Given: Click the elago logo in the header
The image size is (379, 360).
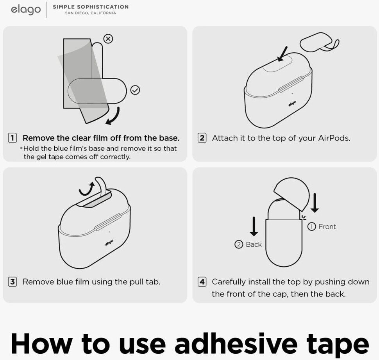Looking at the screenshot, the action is (x=26, y=10).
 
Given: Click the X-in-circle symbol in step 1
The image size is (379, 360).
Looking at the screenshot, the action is (x=108, y=39).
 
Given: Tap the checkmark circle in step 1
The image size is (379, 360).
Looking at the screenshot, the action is (x=135, y=90).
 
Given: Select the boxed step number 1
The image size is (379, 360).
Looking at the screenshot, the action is (x=13, y=138).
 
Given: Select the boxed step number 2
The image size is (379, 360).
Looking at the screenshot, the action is (x=202, y=138).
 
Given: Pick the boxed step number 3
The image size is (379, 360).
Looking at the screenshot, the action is (x=13, y=282).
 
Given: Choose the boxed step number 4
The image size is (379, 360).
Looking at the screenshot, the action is (x=202, y=282).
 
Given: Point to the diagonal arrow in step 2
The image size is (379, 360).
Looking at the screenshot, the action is (x=282, y=54).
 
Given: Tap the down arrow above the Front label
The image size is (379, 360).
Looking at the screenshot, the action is (x=315, y=203).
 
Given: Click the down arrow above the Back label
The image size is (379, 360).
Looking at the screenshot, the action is (x=254, y=226).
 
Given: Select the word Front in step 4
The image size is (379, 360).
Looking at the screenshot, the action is (x=327, y=226).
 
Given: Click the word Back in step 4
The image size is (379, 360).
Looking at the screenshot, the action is (x=254, y=244).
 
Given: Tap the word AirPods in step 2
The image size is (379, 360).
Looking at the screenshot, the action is (x=334, y=138).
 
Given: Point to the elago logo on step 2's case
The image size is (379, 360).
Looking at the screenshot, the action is (x=292, y=103).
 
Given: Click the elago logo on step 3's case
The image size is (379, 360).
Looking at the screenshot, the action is (x=109, y=243).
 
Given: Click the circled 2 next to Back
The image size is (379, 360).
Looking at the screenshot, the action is (x=239, y=244).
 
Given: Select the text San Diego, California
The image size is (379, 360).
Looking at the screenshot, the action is (x=90, y=13).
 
